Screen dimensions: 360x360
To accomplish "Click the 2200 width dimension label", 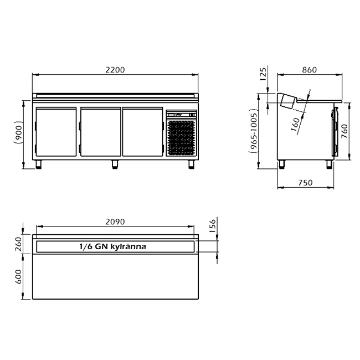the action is [x=115, y=70].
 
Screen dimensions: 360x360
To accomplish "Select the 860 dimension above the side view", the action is [x=309, y=70].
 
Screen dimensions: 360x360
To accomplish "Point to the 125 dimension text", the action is [x=263, y=74].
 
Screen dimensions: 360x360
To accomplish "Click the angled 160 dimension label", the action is [x=295, y=125].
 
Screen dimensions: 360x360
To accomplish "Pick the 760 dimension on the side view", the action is [x=344, y=131].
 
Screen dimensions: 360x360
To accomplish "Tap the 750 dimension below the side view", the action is [x=305, y=183].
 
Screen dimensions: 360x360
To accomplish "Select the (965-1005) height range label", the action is [x=253, y=132].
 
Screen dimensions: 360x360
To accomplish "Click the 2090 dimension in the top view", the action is [x=115, y=222].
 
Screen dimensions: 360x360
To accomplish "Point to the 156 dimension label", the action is [x=213, y=226].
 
